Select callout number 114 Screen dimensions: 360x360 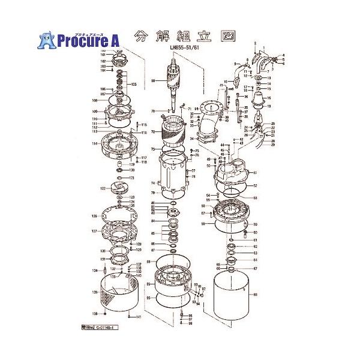coord(95,144)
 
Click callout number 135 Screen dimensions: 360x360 coord(94,292)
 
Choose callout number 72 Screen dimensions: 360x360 coord(153,132)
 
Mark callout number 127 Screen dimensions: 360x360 coord(94,231)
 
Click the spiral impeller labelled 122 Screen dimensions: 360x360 coord(114,188)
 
